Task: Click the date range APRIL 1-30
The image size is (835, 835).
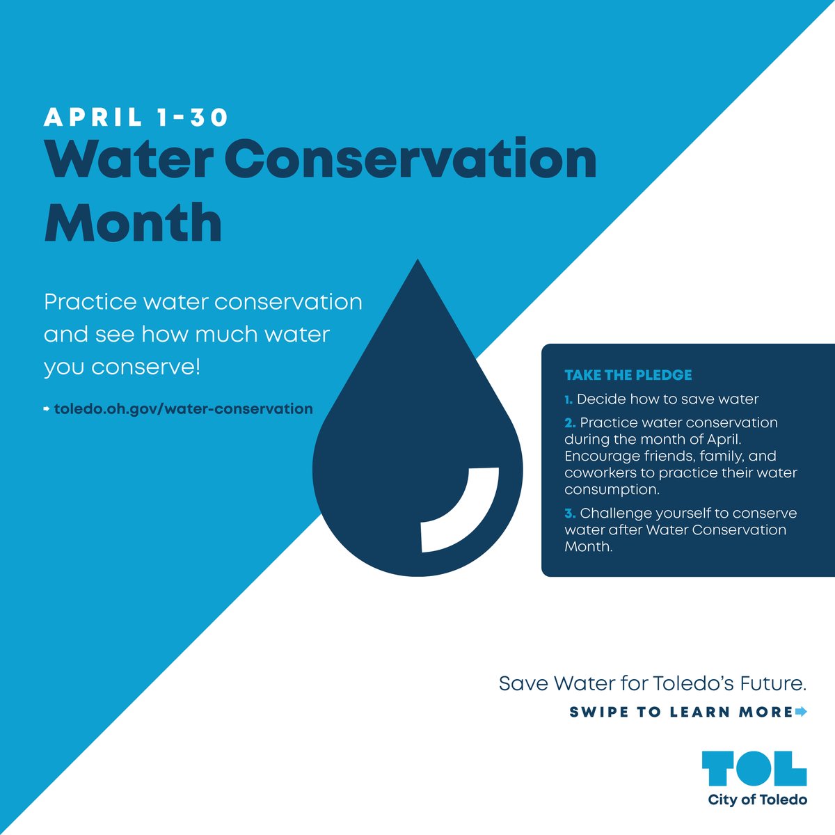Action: point(136,118)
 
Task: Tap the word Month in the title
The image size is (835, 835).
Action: point(133,222)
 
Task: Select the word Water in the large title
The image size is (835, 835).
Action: point(128,159)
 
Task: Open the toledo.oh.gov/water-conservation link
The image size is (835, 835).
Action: point(183,408)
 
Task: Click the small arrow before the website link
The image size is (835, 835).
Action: point(47,408)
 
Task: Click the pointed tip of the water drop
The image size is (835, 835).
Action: point(417,264)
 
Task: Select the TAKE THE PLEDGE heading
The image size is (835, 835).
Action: point(628,375)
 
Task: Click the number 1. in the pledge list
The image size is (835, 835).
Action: point(568,399)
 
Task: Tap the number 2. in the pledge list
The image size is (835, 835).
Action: point(570,423)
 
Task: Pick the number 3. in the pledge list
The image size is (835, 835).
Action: point(570,514)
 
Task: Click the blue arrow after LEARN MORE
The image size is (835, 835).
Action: point(800,712)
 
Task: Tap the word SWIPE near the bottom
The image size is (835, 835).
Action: point(598,713)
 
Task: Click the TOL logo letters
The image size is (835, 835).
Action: point(754,768)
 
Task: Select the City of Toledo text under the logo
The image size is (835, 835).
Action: point(757,800)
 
